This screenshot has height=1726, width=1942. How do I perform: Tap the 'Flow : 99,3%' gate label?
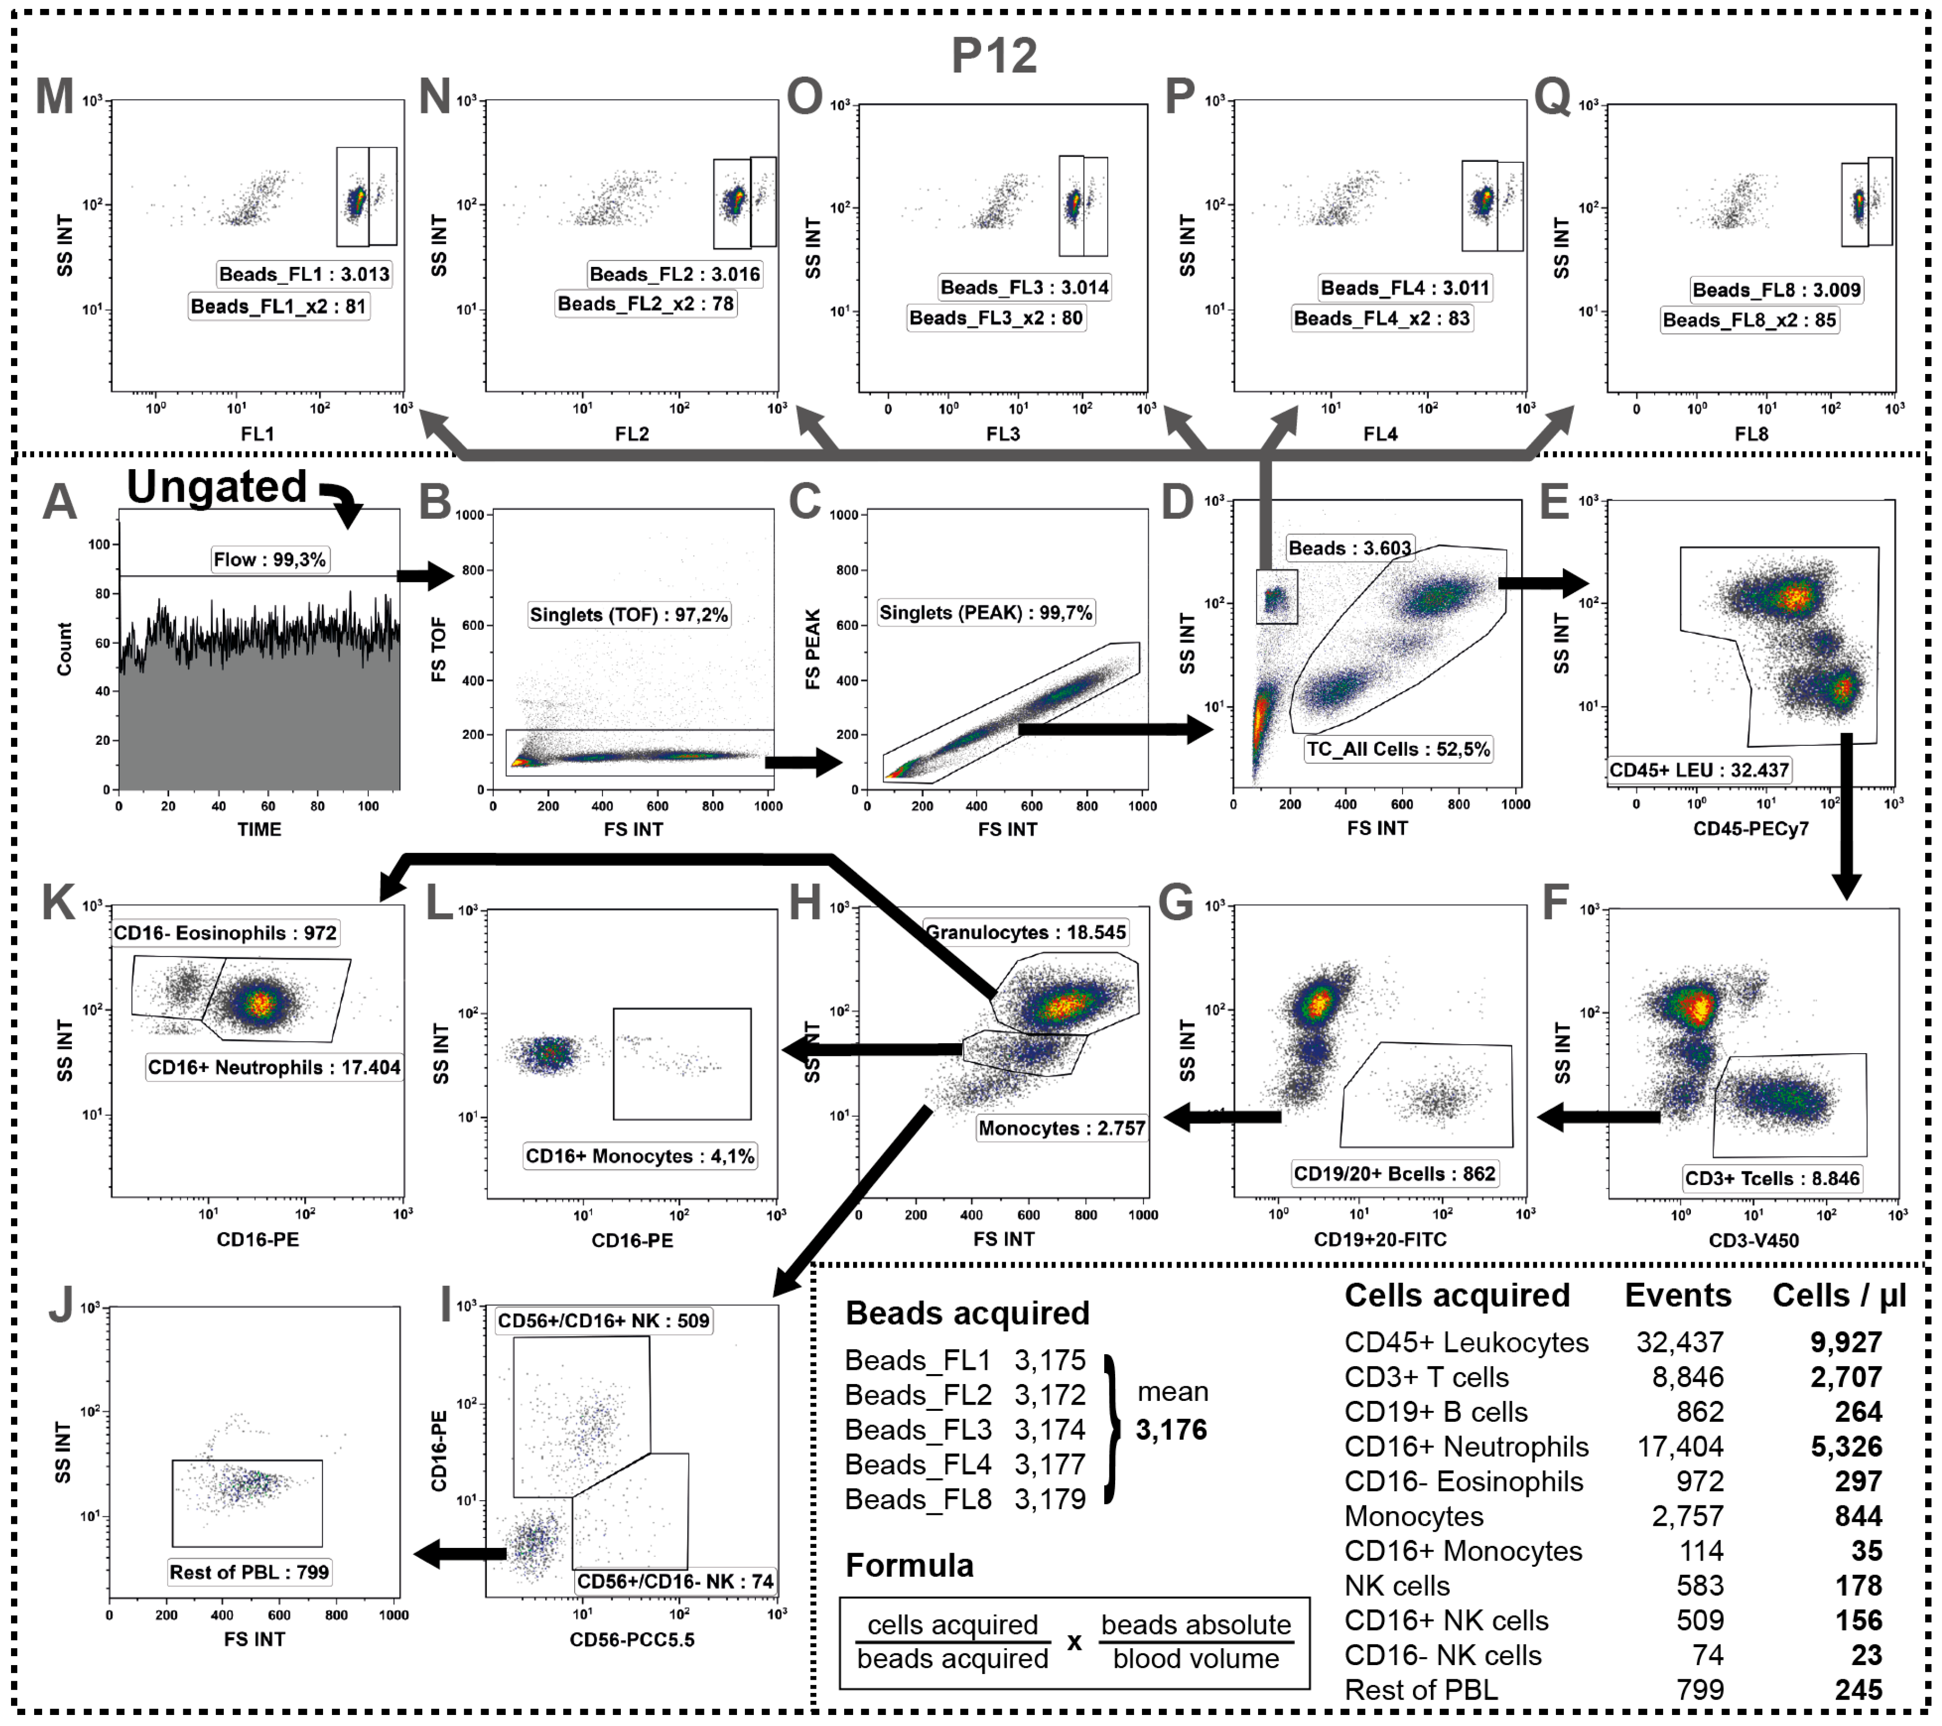(270, 559)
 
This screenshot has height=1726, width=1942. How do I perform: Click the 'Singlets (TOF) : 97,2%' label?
(629, 615)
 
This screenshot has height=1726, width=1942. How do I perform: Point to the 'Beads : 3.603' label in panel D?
(1349, 548)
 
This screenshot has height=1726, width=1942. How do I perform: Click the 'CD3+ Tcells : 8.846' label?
(1772, 1179)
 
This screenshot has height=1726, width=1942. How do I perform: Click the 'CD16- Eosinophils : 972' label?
(225, 933)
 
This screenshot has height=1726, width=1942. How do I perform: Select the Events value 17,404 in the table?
(1680, 1447)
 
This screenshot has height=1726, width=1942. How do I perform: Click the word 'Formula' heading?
(909, 1565)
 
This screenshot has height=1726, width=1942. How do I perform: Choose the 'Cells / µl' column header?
(1839, 1296)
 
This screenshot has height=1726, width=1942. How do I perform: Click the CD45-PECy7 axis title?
(1750, 828)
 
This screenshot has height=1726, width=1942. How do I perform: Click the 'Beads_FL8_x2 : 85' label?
(1749, 320)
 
